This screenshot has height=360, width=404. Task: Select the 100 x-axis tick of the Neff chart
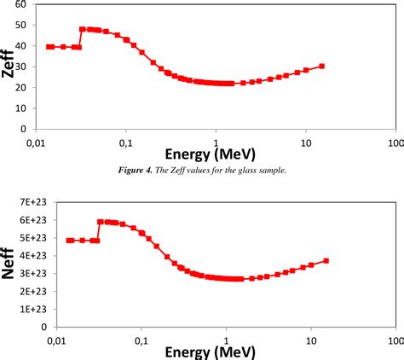point(393,339)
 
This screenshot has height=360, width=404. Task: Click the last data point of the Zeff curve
point(321,66)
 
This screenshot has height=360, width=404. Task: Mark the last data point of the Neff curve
point(326,261)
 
